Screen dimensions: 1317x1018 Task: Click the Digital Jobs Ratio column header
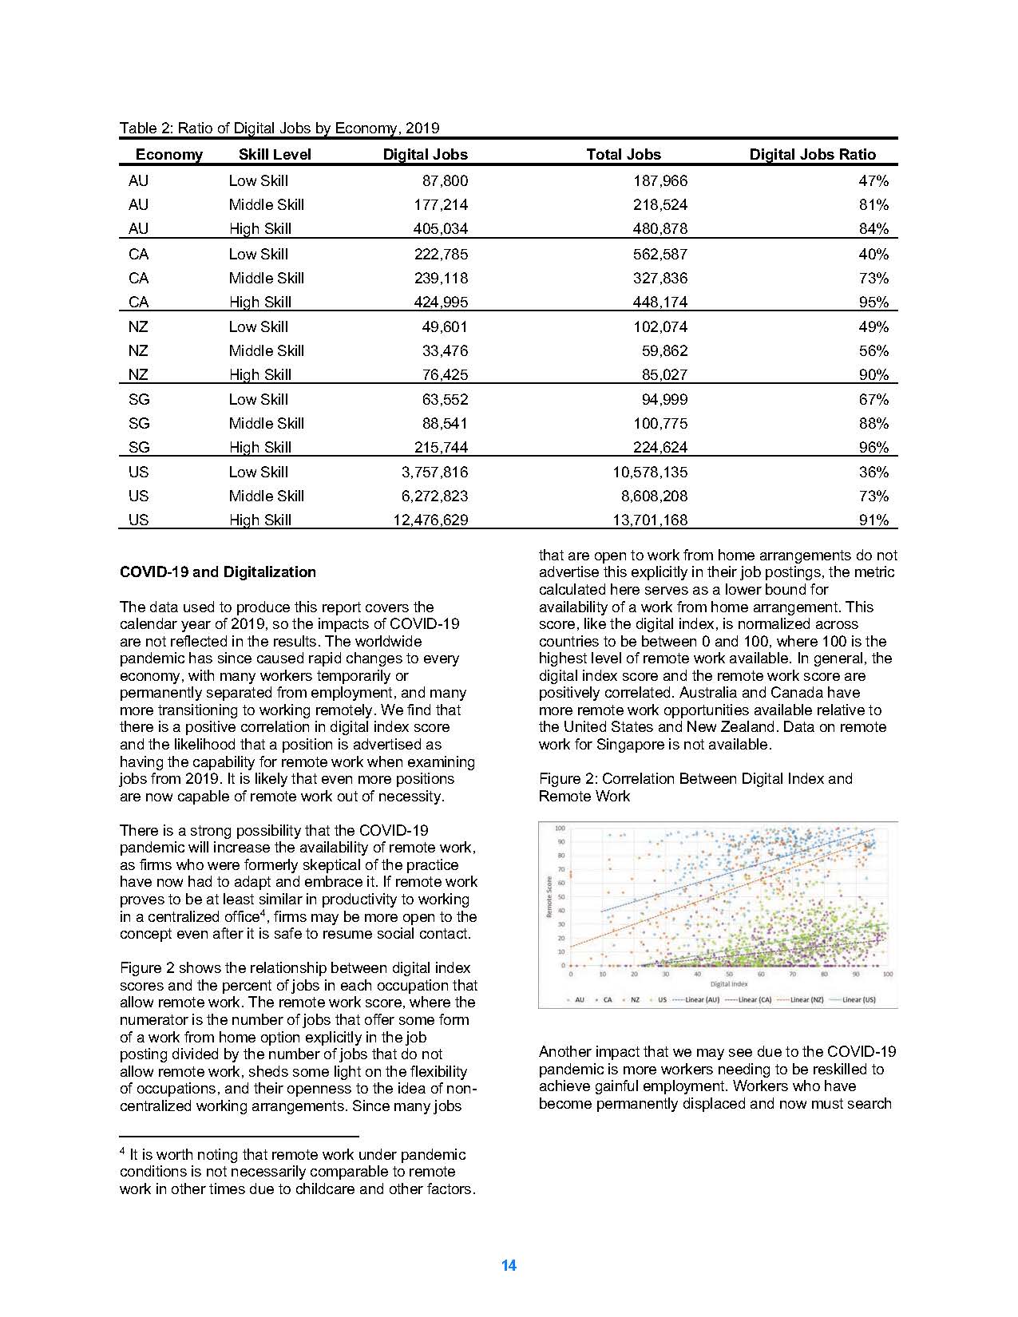click(812, 155)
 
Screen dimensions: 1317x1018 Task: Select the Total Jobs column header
click(624, 155)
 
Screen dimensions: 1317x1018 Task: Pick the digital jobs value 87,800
click(445, 181)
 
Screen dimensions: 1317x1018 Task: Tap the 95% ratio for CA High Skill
click(873, 302)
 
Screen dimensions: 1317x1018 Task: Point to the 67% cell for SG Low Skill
click(873, 399)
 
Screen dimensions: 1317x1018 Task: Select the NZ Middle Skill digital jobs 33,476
click(445, 350)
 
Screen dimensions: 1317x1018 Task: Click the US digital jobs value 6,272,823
click(434, 496)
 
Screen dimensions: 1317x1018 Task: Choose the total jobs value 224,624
click(660, 447)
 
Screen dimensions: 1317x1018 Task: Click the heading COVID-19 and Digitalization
click(217, 572)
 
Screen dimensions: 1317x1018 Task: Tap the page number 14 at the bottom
click(509, 1265)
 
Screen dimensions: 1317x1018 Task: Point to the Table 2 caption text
click(279, 128)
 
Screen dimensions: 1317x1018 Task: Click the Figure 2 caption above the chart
click(695, 787)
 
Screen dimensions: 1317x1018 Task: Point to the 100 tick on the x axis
click(887, 975)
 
